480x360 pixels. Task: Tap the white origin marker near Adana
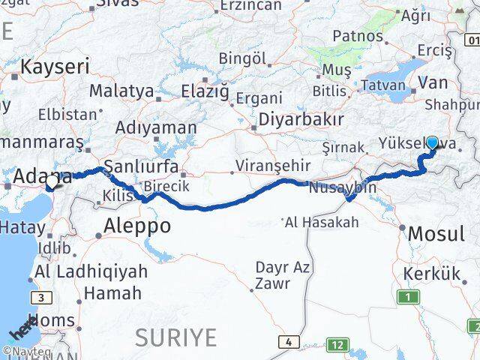(x=51, y=181)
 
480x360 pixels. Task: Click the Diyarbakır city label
(x=301, y=119)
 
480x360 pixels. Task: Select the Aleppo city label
(x=137, y=225)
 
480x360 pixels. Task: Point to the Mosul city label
(x=436, y=234)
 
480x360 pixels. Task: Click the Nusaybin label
(x=342, y=187)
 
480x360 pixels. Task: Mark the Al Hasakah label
(x=323, y=222)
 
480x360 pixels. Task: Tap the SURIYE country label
(x=175, y=337)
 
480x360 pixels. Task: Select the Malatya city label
(x=121, y=91)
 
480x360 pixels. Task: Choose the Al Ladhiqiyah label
(x=91, y=271)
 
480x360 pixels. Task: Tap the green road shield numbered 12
(x=338, y=344)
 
